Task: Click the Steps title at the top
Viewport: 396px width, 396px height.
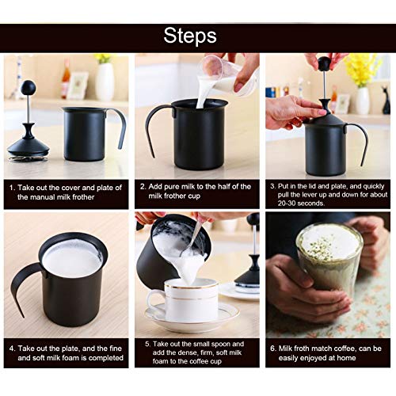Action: (197, 36)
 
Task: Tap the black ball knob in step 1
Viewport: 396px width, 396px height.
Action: (28, 86)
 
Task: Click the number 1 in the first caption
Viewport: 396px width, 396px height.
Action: (12, 188)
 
